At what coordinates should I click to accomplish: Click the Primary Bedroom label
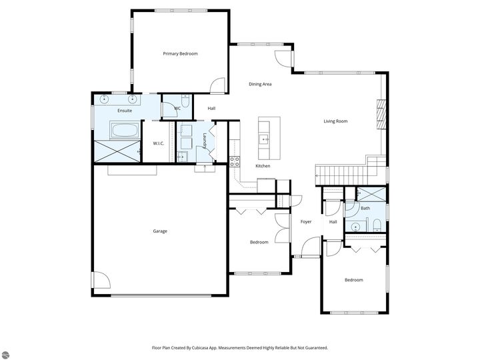(x=180, y=54)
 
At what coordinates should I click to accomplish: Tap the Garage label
(x=160, y=231)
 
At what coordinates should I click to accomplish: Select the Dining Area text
(x=260, y=84)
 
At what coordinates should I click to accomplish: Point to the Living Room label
(x=335, y=121)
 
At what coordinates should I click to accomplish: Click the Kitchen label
(x=263, y=166)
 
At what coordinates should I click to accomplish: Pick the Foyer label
(x=306, y=221)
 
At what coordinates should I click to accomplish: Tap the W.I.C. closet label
(x=159, y=143)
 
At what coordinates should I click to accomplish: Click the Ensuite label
(x=125, y=111)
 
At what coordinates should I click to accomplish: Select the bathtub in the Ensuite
(x=125, y=131)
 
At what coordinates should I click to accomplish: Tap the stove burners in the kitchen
(x=235, y=161)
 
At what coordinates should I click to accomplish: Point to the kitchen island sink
(x=264, y=139)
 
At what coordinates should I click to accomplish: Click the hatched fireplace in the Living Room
(x=381, y=115)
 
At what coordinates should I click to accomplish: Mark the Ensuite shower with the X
(x=117, y=151)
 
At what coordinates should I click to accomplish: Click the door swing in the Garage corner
(x=101, y=280)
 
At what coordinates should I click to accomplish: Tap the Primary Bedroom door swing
(x=217, y=85)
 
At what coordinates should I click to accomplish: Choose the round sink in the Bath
(x=355, y=227)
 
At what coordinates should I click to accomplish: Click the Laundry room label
(x=205, y=141)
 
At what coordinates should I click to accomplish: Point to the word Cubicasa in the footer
(x=201, y=348)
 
